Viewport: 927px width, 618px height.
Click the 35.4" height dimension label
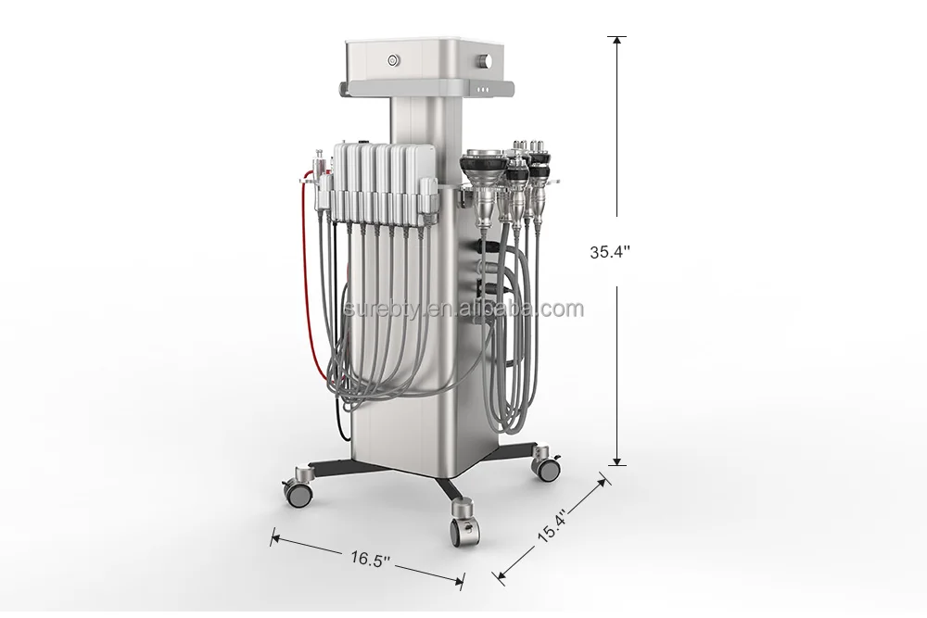tap(610, 252)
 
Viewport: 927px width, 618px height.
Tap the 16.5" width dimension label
tap(370, 558)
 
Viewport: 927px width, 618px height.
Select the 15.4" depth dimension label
tap(552, 527)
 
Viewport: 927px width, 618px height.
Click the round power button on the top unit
tap(392, 60)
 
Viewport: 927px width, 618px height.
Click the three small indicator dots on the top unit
tap(483, 91)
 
